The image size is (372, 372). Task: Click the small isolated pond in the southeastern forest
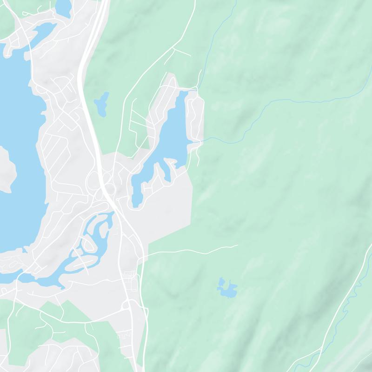pyautogui.click(x=227, y=289)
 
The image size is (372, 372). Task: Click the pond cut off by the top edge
pyautogui.click(x=63, y=7)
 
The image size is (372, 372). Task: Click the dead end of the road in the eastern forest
pyautogui.click(x=237, y=245)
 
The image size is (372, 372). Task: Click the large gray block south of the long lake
pyautogui.click(x=167, y=209)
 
